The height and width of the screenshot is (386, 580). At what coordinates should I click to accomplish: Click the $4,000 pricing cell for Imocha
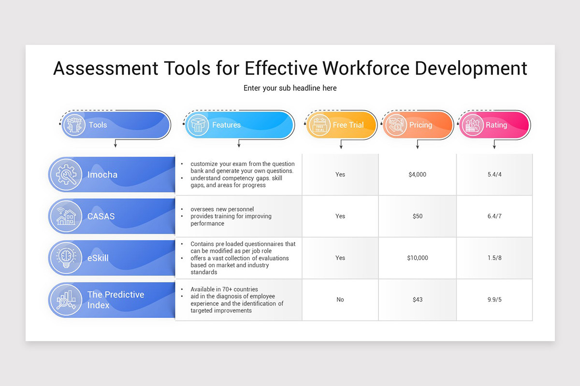pyautogui.click(x=417, y=175)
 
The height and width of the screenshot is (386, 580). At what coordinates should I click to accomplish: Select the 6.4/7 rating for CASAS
pyautogui.click(x=494, y=216)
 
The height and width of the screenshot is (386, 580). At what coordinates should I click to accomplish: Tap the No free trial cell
pyautogui.click(x=340, y=300)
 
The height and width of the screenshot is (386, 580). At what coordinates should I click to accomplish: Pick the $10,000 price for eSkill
pyautogui.click(x=417, y=258)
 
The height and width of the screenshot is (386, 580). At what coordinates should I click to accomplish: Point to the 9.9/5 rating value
pyautogui.click(x=494, y=300)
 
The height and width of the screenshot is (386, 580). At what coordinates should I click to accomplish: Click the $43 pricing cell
pyautogui.click(x=417, y=300)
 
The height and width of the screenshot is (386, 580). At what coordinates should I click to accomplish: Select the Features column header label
pyautogui.click(x=226, y=125)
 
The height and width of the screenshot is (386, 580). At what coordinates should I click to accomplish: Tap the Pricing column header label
pyautogui.click(x=420, y=125)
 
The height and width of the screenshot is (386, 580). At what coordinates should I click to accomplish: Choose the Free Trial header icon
pyautogui.click(x=319, y=125)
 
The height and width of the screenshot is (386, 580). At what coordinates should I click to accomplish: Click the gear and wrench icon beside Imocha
pyautogui.click(x=66, y=175)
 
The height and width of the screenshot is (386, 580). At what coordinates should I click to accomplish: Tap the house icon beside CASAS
pyautogui.click(x=66, y=216)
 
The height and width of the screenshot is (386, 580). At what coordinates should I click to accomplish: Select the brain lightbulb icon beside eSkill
pyautogui.click(x=66, y=258)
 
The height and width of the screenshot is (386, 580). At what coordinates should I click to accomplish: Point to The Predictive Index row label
pyautogui.click(x=116, y=300)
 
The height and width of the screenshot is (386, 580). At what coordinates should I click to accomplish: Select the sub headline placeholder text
pyautogui.click(x=290, y=88)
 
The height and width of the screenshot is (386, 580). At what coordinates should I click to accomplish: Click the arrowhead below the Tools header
pyautogui.click(x=115, y=146)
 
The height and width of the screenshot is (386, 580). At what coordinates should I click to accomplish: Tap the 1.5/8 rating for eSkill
pyautogui.click(x=494, y=258)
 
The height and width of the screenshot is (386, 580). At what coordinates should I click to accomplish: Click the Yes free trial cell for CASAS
pyautogui.click(x=340, y=216)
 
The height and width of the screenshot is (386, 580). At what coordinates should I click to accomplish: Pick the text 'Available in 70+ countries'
pyautogui.click(x=224, y=289)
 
